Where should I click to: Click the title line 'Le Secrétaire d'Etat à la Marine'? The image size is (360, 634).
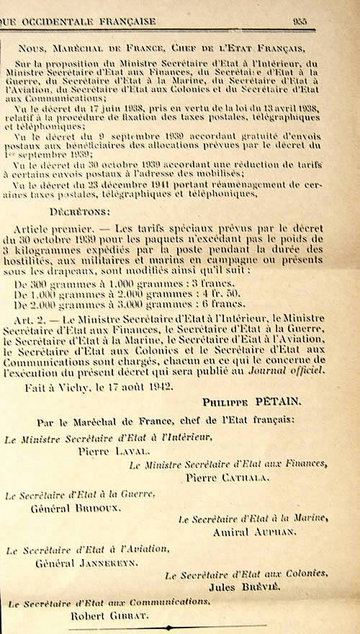coord(253,519)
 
